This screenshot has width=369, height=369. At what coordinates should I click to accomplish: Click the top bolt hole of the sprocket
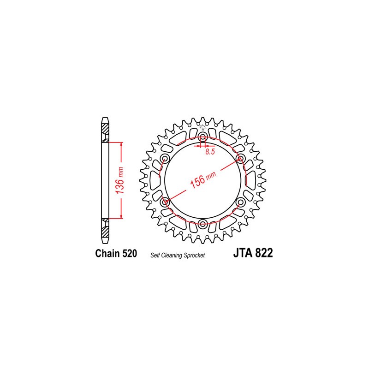point(202,137)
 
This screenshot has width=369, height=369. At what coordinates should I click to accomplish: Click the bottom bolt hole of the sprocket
point(202,224)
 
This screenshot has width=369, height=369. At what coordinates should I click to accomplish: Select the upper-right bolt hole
point(240,159)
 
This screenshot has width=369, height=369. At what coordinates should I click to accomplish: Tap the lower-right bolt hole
point(240,202)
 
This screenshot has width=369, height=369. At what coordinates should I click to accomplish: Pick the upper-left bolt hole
point(165,159)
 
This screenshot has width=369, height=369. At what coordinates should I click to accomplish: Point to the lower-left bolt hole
point(165,202)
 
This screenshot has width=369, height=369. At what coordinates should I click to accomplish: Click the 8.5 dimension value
point(210,152)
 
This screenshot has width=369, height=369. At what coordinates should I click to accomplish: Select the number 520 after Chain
point(129,253)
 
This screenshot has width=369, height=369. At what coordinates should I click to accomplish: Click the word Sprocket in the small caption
point(195,255)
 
